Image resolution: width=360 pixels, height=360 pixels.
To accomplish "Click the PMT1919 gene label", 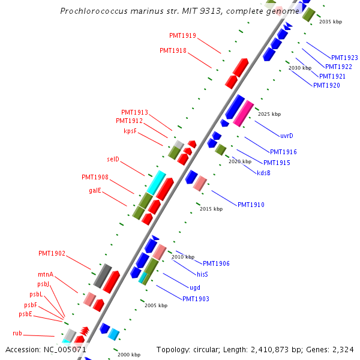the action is pyautogui.click(x=182, y=35).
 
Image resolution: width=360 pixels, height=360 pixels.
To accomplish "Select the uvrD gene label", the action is pyautogui.click(x=287, y=136).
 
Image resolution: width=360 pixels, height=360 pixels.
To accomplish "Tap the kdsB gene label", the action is pyautogui.click(x=263, y=173).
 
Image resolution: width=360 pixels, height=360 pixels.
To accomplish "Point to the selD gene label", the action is pyautogui.click(x=113, y=159).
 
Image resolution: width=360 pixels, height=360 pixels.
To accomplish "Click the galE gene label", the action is pyautogui.click(x=95, y=190).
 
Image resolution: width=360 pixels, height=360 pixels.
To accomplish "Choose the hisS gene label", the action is pyautogui.click(x=202, y=274).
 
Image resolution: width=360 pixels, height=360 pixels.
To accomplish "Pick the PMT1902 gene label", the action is pyautogui.click(x=52, y=253).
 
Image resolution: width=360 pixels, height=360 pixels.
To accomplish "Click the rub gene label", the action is pyautogui.click(x=17, y=333).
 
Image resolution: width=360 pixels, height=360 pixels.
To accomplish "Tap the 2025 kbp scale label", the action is pyautogui.click(x=269, y=114).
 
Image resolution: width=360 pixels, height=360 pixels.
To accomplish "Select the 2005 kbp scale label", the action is pyautogui.click(x=156, y=305).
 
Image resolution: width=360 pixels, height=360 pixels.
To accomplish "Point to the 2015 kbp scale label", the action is pyautogui.click(x=211, y=209).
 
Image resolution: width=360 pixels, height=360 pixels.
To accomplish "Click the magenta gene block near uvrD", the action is pyautogui.click(x=244, y=113).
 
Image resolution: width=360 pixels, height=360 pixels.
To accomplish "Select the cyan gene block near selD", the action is pyautogui.click(x=156, y=183).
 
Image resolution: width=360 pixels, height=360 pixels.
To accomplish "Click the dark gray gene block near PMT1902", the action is pyautogui.click(x=103, y=276).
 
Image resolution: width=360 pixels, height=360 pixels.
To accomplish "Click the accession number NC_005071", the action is pyautogui.click(x=65, y=350).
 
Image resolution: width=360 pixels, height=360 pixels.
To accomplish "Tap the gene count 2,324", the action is pyautogui.click(x=343, y=350).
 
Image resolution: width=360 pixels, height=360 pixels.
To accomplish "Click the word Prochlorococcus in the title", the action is pyautogui.click(x=94, y=11).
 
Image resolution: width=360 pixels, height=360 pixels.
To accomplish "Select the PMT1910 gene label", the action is pyautogui.click(x=251, y=205).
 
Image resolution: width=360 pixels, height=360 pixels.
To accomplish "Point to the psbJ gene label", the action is pyautogui.click(x=43, y=284).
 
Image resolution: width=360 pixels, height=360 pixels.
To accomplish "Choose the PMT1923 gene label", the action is pyautogui.click(x=344, y=58).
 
